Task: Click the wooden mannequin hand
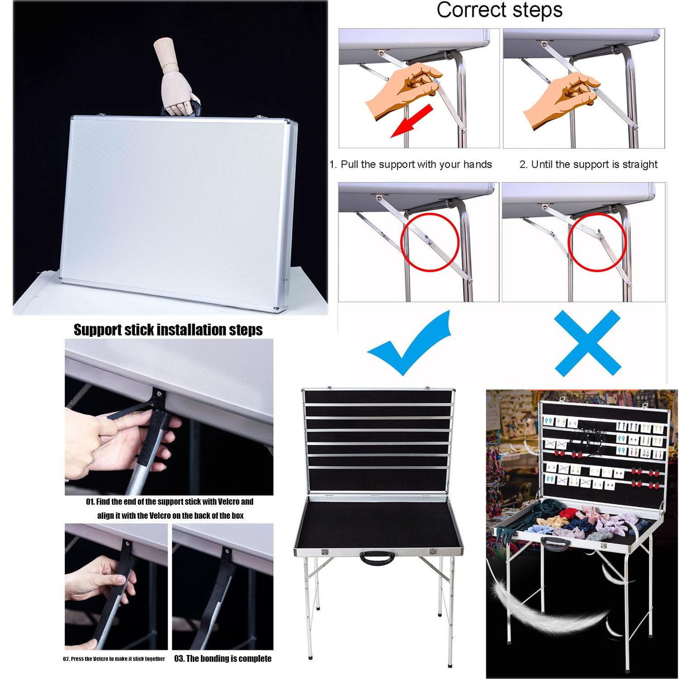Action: tap(175, 77)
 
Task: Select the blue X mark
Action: tap(587, 343)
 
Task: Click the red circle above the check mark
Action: tap(430, 242)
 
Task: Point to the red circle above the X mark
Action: tap(597, 242)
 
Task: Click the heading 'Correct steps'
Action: tap(499, 10)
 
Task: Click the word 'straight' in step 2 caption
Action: tap(640, 164)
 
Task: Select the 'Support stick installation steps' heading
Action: tap(168, 330)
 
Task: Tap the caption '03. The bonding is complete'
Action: tap(223, 658)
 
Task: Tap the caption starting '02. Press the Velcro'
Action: tap(114, 659)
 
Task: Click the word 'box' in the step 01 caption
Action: tap(238, 516)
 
